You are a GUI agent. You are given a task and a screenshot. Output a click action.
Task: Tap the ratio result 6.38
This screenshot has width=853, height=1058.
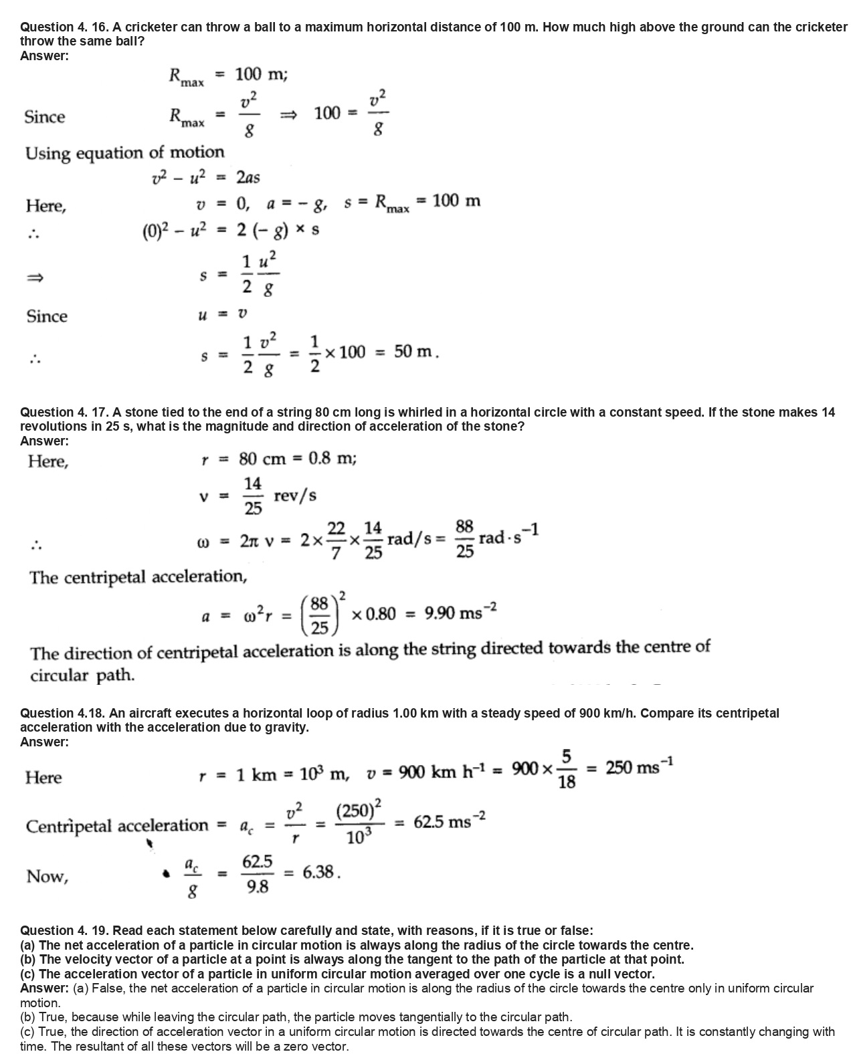click(321, 873)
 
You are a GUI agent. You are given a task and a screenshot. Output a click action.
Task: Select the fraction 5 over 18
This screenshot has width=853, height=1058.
click(566, 769)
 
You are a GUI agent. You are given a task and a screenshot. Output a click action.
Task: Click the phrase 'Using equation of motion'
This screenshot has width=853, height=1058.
click(124, 153)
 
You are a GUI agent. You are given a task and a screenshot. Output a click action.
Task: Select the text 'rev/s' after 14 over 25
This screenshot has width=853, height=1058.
click(295, 496)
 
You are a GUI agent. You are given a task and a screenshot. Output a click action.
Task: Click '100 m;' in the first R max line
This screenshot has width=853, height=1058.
click(262, 74)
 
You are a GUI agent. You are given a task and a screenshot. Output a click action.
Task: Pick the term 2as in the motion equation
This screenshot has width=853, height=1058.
click(248, 177)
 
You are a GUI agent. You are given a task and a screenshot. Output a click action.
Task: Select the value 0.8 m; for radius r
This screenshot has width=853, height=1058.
click(333, 459)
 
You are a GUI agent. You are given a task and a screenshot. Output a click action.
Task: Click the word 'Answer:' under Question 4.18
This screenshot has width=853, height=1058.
click(44, 742)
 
